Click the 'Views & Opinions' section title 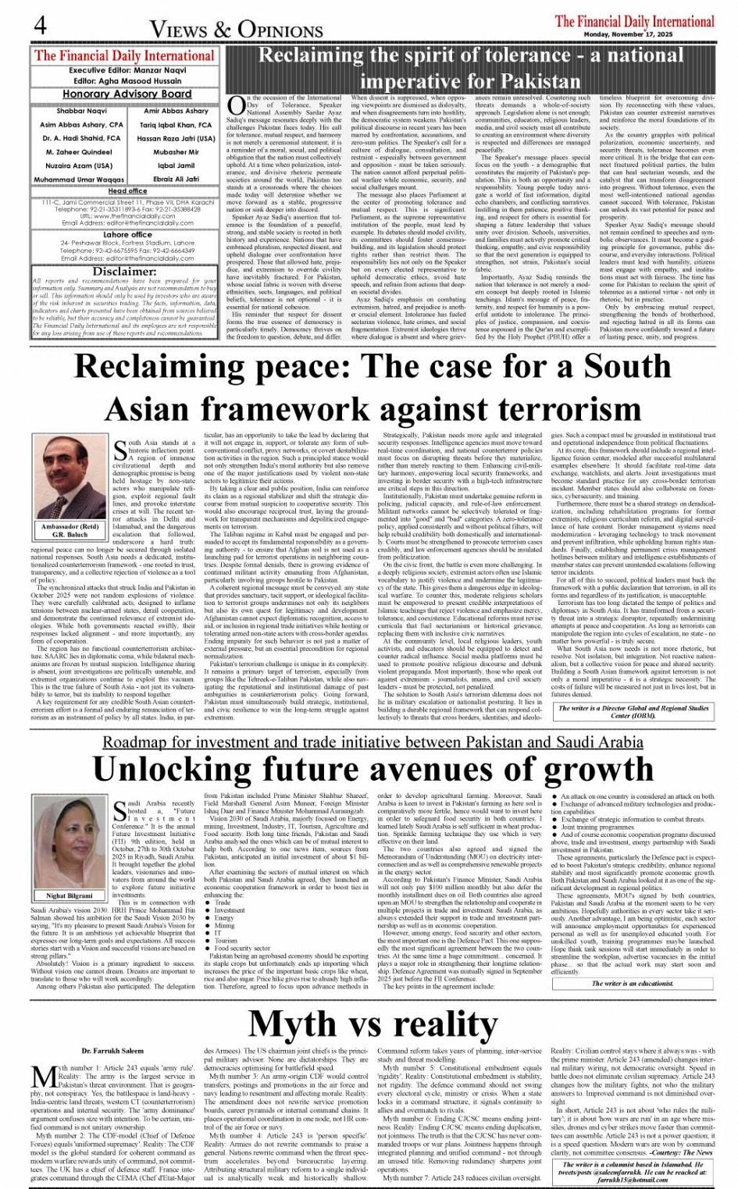pyautogui.click(x=237, y=29)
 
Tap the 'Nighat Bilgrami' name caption pyautogui.click(x=70, y=895)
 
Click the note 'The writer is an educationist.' pyautogui.click(x=632, y=983)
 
